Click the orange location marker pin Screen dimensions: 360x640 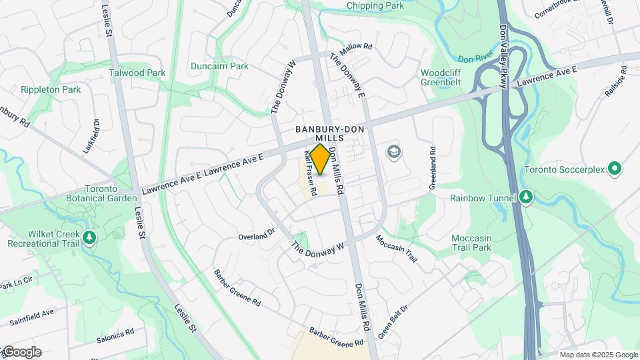[321, 159]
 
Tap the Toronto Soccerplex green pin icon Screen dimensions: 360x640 [615, 169]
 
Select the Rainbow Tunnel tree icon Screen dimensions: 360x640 [526, 197]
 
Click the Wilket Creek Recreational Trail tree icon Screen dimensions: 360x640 [88, 238]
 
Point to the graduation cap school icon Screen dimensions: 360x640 [394, 152]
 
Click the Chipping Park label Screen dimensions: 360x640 [375, 6]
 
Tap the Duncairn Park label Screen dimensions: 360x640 [219, 66]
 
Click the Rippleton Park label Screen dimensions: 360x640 [51, 89]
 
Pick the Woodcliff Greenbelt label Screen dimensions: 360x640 [441, 77]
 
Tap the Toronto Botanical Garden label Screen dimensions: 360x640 [102, 193]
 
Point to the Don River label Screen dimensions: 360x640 [475, 59]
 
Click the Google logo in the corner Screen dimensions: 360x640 [22, 352]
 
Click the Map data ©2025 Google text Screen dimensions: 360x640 [598, 355]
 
